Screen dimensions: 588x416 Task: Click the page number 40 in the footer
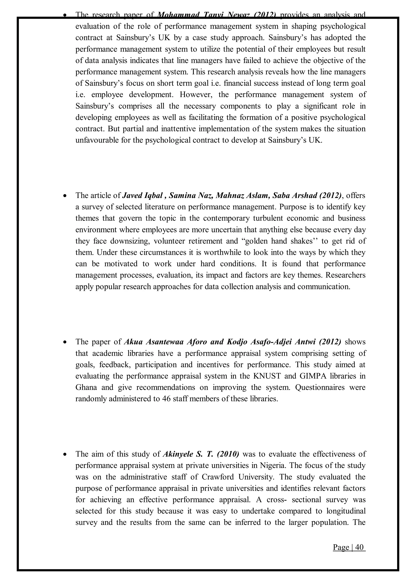(x=360, y=547)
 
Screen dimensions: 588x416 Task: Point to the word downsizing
(x=130, y=241)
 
